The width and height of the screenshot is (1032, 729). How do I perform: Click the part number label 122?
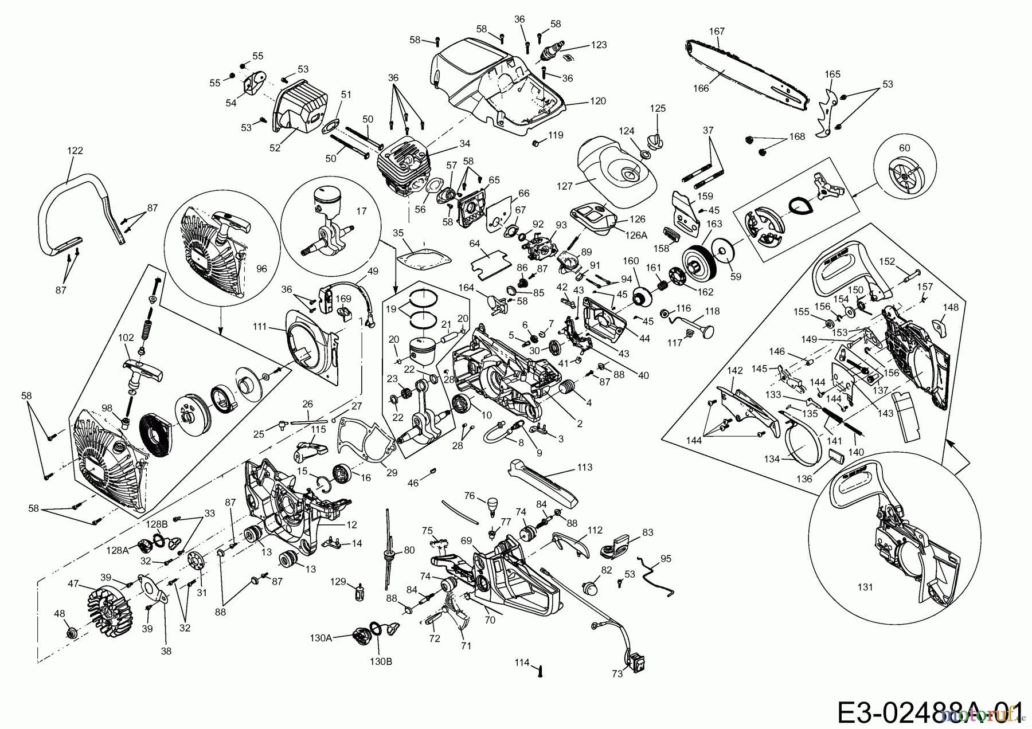point(75,151)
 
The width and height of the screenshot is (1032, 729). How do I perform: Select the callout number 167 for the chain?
point(717,31)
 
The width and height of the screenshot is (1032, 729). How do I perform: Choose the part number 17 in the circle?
point(361,211)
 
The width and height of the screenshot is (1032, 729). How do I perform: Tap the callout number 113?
point(584,467)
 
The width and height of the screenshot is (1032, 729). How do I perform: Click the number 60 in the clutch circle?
point(904,148)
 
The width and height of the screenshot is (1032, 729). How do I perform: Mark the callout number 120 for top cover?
point(598,101)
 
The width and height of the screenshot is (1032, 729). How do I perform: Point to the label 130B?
point(381,661)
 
